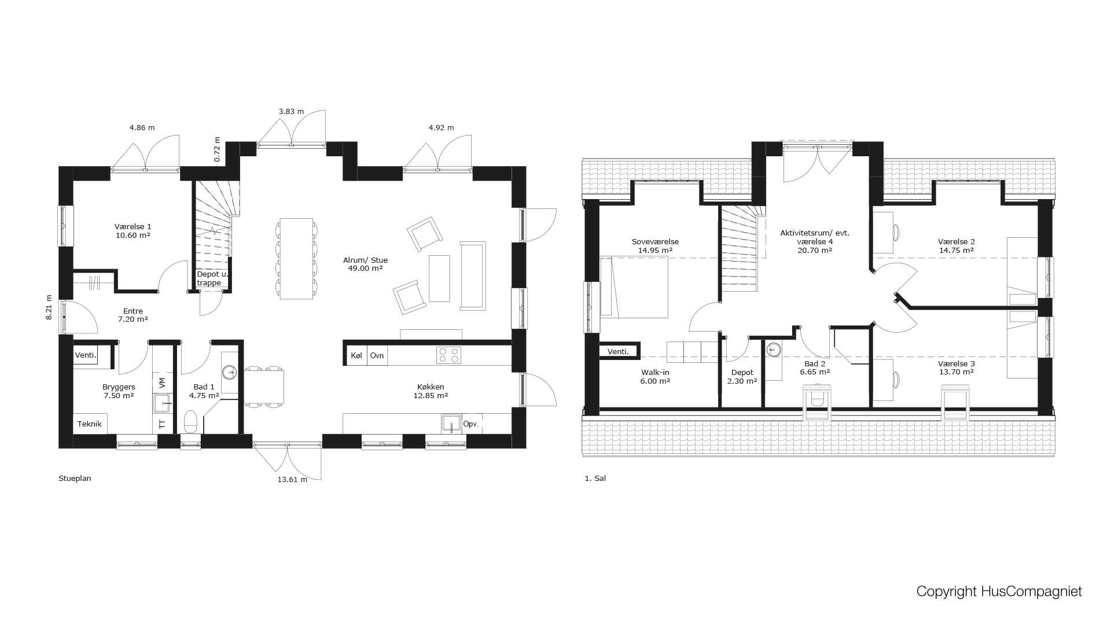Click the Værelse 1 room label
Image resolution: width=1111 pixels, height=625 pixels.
tap(133, 231)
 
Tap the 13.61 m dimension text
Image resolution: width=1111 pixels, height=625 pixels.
tap(292, 480)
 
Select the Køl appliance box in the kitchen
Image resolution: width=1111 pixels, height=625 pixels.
tap(356, 355)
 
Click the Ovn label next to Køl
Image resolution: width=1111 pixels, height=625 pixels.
tap(377, 355)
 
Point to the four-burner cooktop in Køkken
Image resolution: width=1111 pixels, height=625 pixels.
tap(448, 355)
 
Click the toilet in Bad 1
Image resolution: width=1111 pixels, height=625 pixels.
tap(190, 422)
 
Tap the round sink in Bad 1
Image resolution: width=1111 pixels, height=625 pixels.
tap(230, 372)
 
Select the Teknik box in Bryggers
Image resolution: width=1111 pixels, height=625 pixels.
tap(90, 424)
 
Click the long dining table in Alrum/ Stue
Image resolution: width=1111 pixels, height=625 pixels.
tap(296, 258)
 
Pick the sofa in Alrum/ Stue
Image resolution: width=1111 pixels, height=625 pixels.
tap(472, 276)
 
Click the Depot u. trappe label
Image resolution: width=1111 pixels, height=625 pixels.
tap(211, 278)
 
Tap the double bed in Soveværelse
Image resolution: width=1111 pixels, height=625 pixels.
tap(634, 287)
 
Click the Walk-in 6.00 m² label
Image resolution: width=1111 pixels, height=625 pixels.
tap(655, 377)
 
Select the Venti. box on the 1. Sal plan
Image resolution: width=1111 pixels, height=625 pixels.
tap(618, 351)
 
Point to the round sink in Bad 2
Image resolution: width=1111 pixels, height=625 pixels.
tap(774, 350)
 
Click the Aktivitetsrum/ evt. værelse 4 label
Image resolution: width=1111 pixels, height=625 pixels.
tap(814, 241)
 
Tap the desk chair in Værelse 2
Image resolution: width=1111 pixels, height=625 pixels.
tap(896, 233)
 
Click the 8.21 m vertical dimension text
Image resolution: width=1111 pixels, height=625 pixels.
tap(49, 307)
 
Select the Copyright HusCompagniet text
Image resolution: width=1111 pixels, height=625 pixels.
tap(999, 591)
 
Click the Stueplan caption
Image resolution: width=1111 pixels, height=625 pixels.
tap(75, 479)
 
